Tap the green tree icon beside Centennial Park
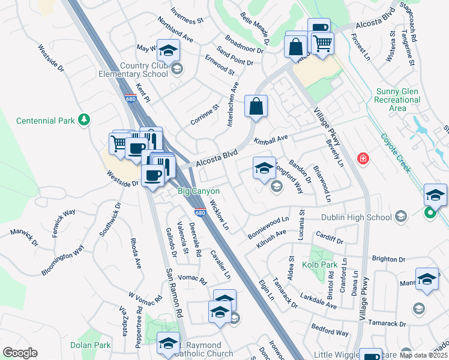[x=84, y=121]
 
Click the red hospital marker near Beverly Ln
[x=362, y=159]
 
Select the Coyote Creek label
[x=396, y=152]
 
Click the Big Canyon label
[x=194, y=191]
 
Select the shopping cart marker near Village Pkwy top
[x=322, y=44]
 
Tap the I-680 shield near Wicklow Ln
[x=200, y=213]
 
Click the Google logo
[x=20, y=353]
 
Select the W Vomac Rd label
[x=145, y=297]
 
